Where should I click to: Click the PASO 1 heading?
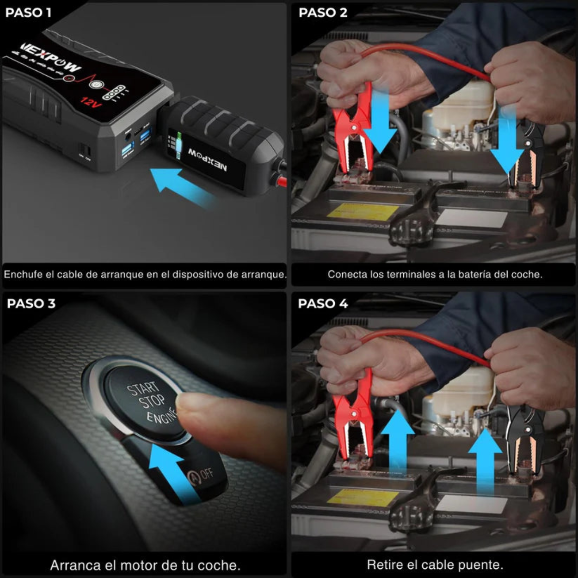coord(28,12)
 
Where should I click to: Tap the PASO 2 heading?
coord(323,12)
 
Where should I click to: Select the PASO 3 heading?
coord(31,303)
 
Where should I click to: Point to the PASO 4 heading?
coord(323,303)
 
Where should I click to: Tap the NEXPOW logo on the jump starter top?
coord(51,57)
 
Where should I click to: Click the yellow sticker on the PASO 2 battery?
coord(362,211)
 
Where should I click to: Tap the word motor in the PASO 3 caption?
coord(137,565)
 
